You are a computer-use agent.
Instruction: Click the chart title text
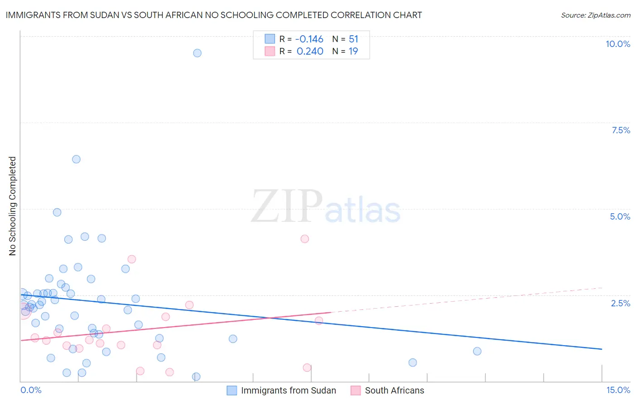(214, 15)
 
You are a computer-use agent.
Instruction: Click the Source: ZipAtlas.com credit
(595, 15)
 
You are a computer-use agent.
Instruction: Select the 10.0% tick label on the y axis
(617, 44)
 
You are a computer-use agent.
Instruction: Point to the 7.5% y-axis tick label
(621, 130)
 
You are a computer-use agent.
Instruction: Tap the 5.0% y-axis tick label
(620, 216)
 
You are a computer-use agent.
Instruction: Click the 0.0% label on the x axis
(31, 390)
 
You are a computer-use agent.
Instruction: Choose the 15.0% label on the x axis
(618, 390)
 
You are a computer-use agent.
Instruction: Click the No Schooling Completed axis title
(12, 206)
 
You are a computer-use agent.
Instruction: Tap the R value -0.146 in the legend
(309, 39)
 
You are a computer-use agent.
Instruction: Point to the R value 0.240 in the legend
(310, 52)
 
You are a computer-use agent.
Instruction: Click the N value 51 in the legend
(353, 39)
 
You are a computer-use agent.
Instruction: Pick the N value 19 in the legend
(353, 52)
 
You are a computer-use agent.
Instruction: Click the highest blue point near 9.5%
(197, 53)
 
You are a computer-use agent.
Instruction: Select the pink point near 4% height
(305, 239)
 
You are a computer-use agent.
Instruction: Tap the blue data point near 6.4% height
(76, 159)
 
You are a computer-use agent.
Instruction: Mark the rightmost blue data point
(477, 351)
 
